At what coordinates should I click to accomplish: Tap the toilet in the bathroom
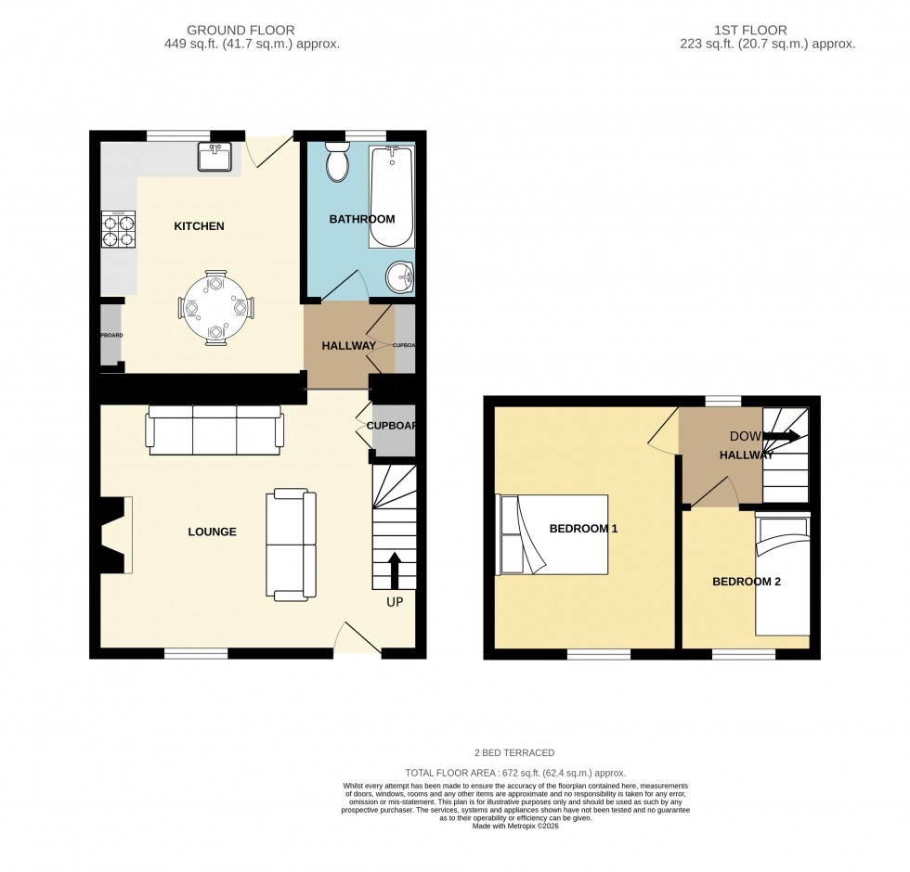337,164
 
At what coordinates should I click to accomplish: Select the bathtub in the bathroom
392,197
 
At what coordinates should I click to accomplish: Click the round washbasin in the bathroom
401,276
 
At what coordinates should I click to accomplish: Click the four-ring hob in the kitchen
118,228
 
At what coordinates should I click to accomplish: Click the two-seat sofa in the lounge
292,544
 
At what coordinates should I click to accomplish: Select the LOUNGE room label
212,532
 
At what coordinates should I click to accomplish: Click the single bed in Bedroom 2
781,575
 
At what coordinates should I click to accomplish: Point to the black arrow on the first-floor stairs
780,436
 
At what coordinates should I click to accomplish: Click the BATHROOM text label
362,220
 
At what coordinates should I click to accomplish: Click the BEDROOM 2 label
747,583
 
